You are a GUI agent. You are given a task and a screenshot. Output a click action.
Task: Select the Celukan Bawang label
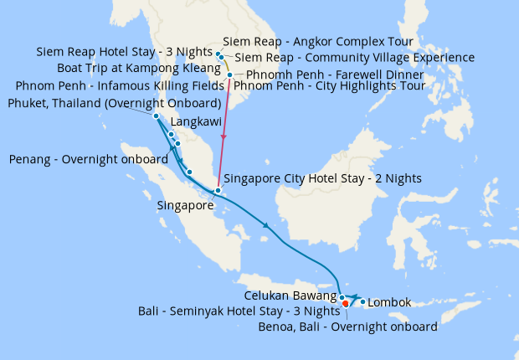[x=291, y=296]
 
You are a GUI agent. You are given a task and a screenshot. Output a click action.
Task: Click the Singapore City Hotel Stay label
[x=322, y=178]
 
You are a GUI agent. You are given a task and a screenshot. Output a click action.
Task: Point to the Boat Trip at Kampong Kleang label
[x=139, y=68]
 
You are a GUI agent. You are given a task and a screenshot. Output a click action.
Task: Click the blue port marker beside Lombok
[x=362, y=301]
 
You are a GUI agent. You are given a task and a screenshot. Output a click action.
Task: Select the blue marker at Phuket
[x=157, y=116]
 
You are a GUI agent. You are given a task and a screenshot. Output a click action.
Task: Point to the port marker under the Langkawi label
[x=171, y=134]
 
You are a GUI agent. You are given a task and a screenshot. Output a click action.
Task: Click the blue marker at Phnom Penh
[x=229, y=75]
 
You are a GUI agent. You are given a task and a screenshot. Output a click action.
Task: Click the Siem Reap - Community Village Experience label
[x=355, y=58]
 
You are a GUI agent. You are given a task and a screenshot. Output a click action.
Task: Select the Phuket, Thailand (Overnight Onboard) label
[x=114, y=103]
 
